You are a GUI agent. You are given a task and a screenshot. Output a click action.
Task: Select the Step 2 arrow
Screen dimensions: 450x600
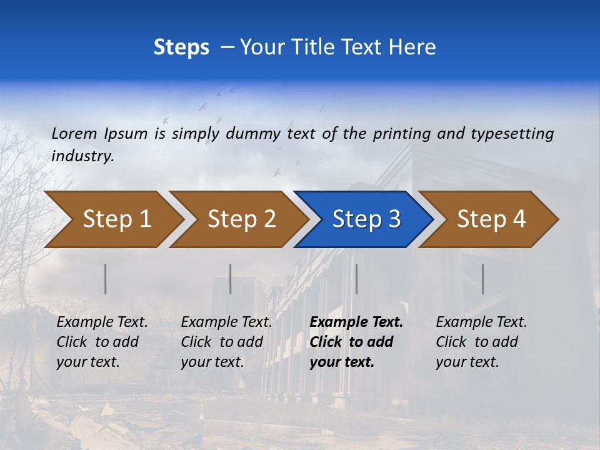[241, 219]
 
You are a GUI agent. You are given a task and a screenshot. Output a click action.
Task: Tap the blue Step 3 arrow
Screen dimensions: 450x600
[366, 219]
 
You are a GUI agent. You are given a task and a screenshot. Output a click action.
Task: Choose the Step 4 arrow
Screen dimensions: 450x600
[491, 219]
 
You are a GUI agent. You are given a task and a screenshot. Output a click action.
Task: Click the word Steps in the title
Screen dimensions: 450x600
[181, 47]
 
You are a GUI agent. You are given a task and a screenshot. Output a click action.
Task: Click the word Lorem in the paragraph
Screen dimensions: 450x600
[74, 134]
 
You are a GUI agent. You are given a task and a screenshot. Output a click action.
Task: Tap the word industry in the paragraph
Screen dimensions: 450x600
[82, 156]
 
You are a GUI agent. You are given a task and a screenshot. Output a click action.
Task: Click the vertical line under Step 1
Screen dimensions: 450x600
[106, 279]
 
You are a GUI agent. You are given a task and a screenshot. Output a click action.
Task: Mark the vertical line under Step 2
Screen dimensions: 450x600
[231, 279]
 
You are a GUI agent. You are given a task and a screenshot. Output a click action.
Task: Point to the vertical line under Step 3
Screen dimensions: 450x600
[356, 279]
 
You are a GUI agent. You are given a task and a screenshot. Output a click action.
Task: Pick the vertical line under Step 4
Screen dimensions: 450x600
[482, 279]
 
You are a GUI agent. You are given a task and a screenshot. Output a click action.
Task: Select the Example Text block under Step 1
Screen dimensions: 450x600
[102, 342]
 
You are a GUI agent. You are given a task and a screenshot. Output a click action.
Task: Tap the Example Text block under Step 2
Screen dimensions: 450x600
[226, 342]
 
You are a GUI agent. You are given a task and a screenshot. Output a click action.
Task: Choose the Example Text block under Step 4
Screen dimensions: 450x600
[481, 342]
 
